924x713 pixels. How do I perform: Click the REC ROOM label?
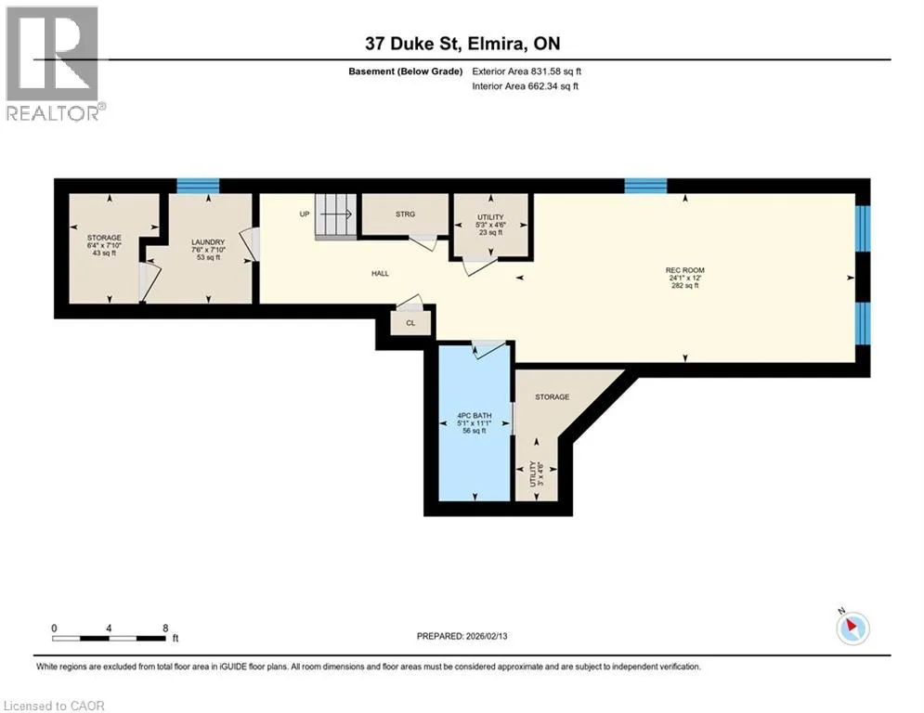[x=684, y=270]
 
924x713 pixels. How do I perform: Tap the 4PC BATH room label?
[x=475, y=415]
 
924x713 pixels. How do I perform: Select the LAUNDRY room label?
[x=208, y=242]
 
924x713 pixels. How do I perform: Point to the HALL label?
[x=380, y=274]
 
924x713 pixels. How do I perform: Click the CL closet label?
[x=410, y=323]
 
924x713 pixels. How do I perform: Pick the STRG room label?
[x=406, y=214]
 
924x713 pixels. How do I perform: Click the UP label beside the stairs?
[x=304, y=214]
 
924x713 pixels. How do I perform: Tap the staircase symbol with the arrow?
[x=336, y=215]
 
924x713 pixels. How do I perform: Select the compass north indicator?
[x=852, y=627]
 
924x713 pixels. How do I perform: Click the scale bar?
[x=110, y=638]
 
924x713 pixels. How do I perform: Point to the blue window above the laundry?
[x=198, y=186]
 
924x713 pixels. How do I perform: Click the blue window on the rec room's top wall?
[x=645, y=186]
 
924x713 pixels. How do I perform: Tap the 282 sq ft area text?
[x=684, y=285]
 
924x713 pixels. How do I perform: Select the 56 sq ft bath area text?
[x=475, y=431]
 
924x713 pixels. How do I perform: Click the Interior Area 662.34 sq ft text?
[x=525, y=86]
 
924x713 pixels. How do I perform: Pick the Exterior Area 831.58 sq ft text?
[x=527, y=71]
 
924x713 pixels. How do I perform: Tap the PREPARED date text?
[x=462, y=636]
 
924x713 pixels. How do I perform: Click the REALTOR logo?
[x=55, y=64]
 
